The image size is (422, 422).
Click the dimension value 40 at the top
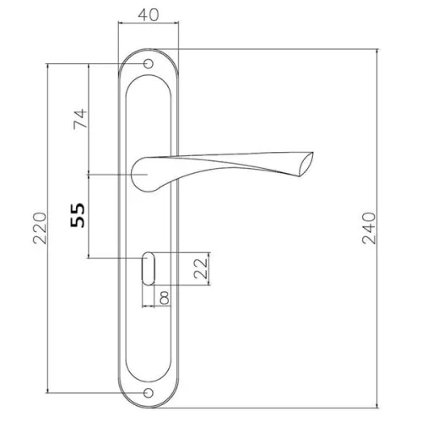pyautogui.click(x=149, y=15)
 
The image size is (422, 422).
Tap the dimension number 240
pyautogui.click(x=369, y=228)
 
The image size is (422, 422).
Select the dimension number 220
pyautogui.click(x=40, y=228)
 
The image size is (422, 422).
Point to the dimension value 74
pyautogui.click(x=80, y=119)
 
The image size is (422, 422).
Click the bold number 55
pyautogui.click(x=78, y=215)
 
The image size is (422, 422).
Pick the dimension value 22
pyautogui.click(x=201, y=268)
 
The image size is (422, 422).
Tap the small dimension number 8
pyautogui.click(x=165, y=298)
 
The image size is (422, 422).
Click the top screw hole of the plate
pyautogui.click(x=149, y=64)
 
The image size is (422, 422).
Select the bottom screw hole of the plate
pyautogui.click(x=149, y=393)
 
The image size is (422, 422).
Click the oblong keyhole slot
pyautogui.click(x=149, y=268)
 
